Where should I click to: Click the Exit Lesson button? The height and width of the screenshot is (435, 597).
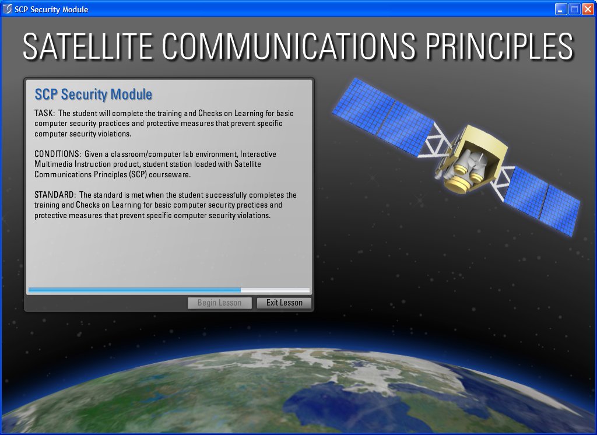284,303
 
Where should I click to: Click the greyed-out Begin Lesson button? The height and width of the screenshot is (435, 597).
220,303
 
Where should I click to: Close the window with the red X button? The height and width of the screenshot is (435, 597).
588,9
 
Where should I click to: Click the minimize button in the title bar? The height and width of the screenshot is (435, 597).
561,9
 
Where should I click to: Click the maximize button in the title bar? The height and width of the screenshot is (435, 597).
574,9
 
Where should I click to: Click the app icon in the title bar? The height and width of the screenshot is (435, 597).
7,9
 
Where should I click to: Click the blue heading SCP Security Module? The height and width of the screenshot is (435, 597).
93,94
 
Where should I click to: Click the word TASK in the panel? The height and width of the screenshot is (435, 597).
44,113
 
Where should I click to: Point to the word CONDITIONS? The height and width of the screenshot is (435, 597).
57,154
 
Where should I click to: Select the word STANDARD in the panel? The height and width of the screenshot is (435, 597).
54,195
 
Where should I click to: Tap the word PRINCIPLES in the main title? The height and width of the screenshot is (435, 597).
499,47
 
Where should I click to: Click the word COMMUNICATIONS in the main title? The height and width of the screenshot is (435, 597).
289,47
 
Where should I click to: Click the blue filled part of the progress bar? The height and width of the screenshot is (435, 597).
135,290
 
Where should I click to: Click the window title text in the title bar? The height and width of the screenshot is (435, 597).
51,9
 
